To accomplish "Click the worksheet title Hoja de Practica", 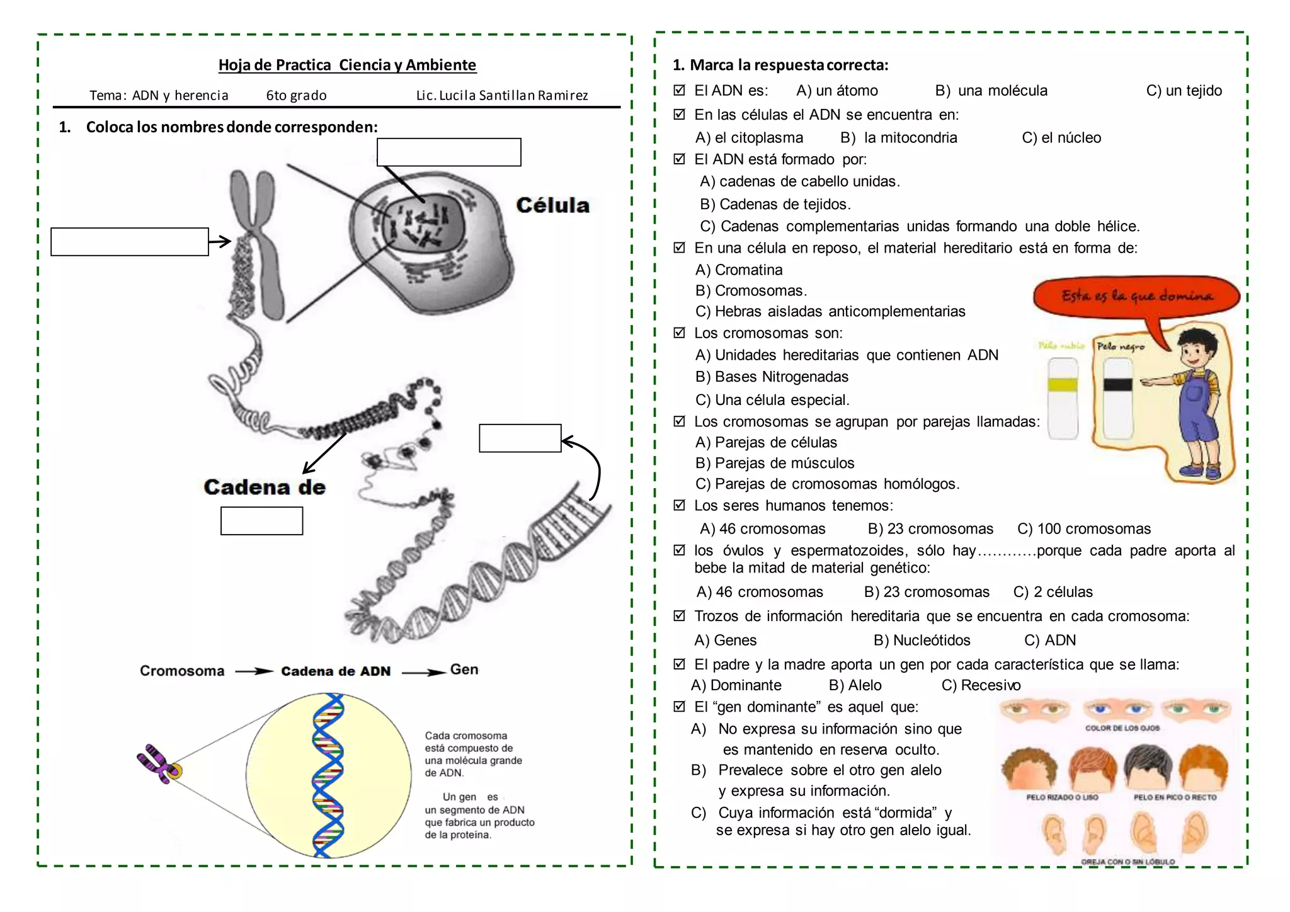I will [347, 65].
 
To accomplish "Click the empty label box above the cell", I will [448, 152].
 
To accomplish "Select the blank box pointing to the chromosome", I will [130, 242].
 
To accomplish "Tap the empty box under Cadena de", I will [261, 521].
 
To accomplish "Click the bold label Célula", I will [552, 205].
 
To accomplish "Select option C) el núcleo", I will [1061, 138].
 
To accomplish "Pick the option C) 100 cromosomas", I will [1084, 529].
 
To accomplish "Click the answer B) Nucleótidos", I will [922, 641].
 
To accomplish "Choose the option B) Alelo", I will [855, 685].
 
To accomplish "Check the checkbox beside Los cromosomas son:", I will [679, 333].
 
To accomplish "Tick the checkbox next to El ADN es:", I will [679, 90].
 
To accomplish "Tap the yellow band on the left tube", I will [1063, 385].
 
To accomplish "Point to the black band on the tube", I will [1118, 385].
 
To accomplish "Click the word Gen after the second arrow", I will [464, 670].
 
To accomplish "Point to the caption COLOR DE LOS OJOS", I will [1122, 728].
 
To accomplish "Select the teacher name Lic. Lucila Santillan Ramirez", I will [502, 96].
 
